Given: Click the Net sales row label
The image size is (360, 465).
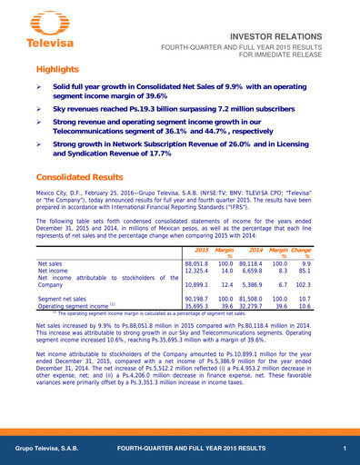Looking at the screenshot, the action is coord(50,263).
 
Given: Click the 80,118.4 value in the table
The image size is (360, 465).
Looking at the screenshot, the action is coord(247,263).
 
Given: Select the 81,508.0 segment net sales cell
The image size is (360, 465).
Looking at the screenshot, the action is coord(247,298).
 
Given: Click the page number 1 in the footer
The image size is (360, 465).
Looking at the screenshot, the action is coord(345,450).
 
